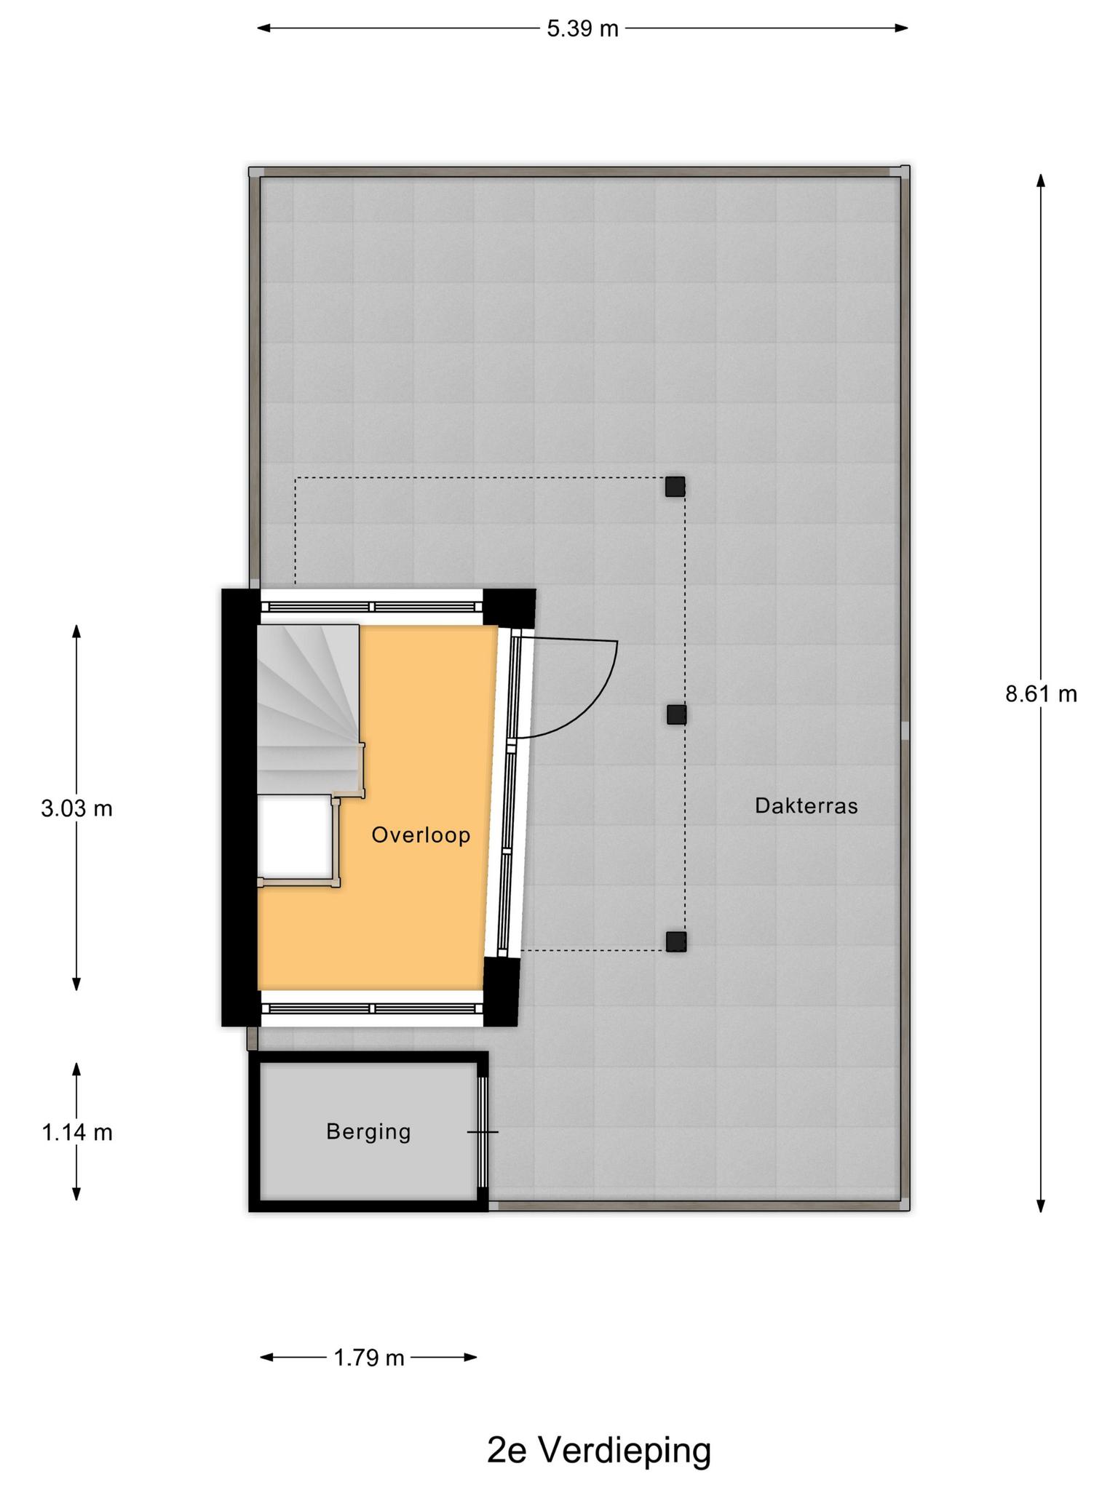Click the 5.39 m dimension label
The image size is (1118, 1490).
pos(582,28)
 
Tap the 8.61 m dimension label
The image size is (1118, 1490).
pos(1041,694)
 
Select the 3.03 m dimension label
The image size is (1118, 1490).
pos(77,808)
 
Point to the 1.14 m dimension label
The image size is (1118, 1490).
pos(77,1133)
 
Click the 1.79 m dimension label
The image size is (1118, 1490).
pos(368,1358)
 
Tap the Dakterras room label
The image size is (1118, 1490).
pos(806,805)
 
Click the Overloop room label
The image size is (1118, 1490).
pos(421,834)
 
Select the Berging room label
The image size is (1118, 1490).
pos(368,1131)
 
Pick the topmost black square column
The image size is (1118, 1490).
pos(675,487)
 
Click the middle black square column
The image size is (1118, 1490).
pos(676,714)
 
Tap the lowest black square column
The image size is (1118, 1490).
pos(676,942)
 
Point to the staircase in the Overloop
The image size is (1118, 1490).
pos(309,709)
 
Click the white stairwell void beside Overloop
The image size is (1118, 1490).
pos(295,837)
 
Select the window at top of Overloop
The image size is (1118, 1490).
pos(372,607)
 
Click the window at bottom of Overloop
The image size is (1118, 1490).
pos(372,1008)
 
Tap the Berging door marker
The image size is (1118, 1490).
pos(483,1132)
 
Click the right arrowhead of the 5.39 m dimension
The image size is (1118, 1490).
pos(902,28)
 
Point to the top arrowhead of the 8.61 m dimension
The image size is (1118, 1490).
pos(1041,181)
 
